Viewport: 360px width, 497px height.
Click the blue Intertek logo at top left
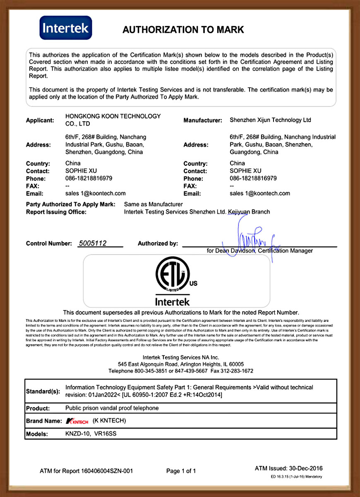pyautogui.click(x=66, y=28)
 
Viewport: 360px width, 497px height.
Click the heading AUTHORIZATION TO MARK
pyautogui.click(x=183, y=30)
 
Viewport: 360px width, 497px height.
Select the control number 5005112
pyautogui.click(x=92, y=244)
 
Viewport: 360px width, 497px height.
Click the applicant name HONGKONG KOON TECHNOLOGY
pyautogui.click(x=113, y=116)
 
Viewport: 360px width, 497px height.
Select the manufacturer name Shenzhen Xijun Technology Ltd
pyautogui.click(x=270, y=120)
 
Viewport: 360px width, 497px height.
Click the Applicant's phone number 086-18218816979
pyautogui.click(x=89, y=179)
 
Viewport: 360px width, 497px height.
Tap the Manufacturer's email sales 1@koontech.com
pyautogui.click(x=260, y=193)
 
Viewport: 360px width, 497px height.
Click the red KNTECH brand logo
pyautogui.click(x=77, y=421)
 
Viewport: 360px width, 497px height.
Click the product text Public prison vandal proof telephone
pyautogui.click(x=112, y=408)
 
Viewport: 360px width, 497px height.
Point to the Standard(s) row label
pyautogui.click(x=43, y=391)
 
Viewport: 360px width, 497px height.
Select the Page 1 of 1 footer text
pyautogui.click(x=181, y=471)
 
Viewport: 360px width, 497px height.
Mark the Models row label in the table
pyautogui.click(x=37, y=434)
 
